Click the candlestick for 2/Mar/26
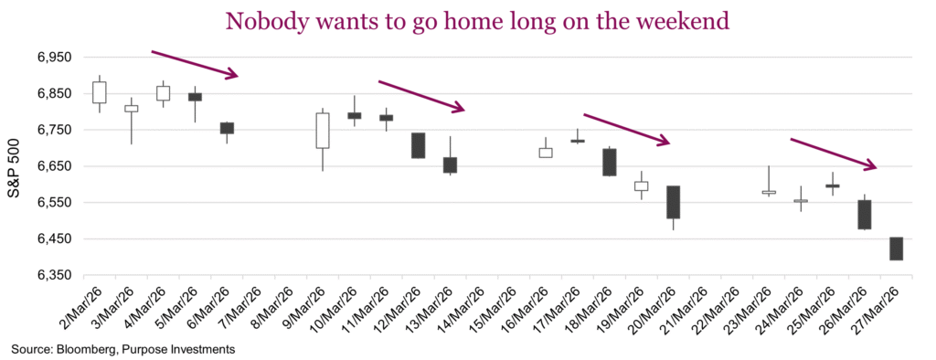[99, 92]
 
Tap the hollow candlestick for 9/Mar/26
[323, 131]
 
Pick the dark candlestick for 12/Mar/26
[418, 145]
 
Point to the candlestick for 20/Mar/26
[674, 202]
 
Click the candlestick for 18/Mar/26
[610, 162]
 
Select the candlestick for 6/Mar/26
[227, 128]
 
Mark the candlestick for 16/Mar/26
[546, 153]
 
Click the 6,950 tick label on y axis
[53, 58]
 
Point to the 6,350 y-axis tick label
[53, 275]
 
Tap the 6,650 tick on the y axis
[53, 166]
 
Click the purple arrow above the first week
[195, 64]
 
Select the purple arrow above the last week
[833, 154]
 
